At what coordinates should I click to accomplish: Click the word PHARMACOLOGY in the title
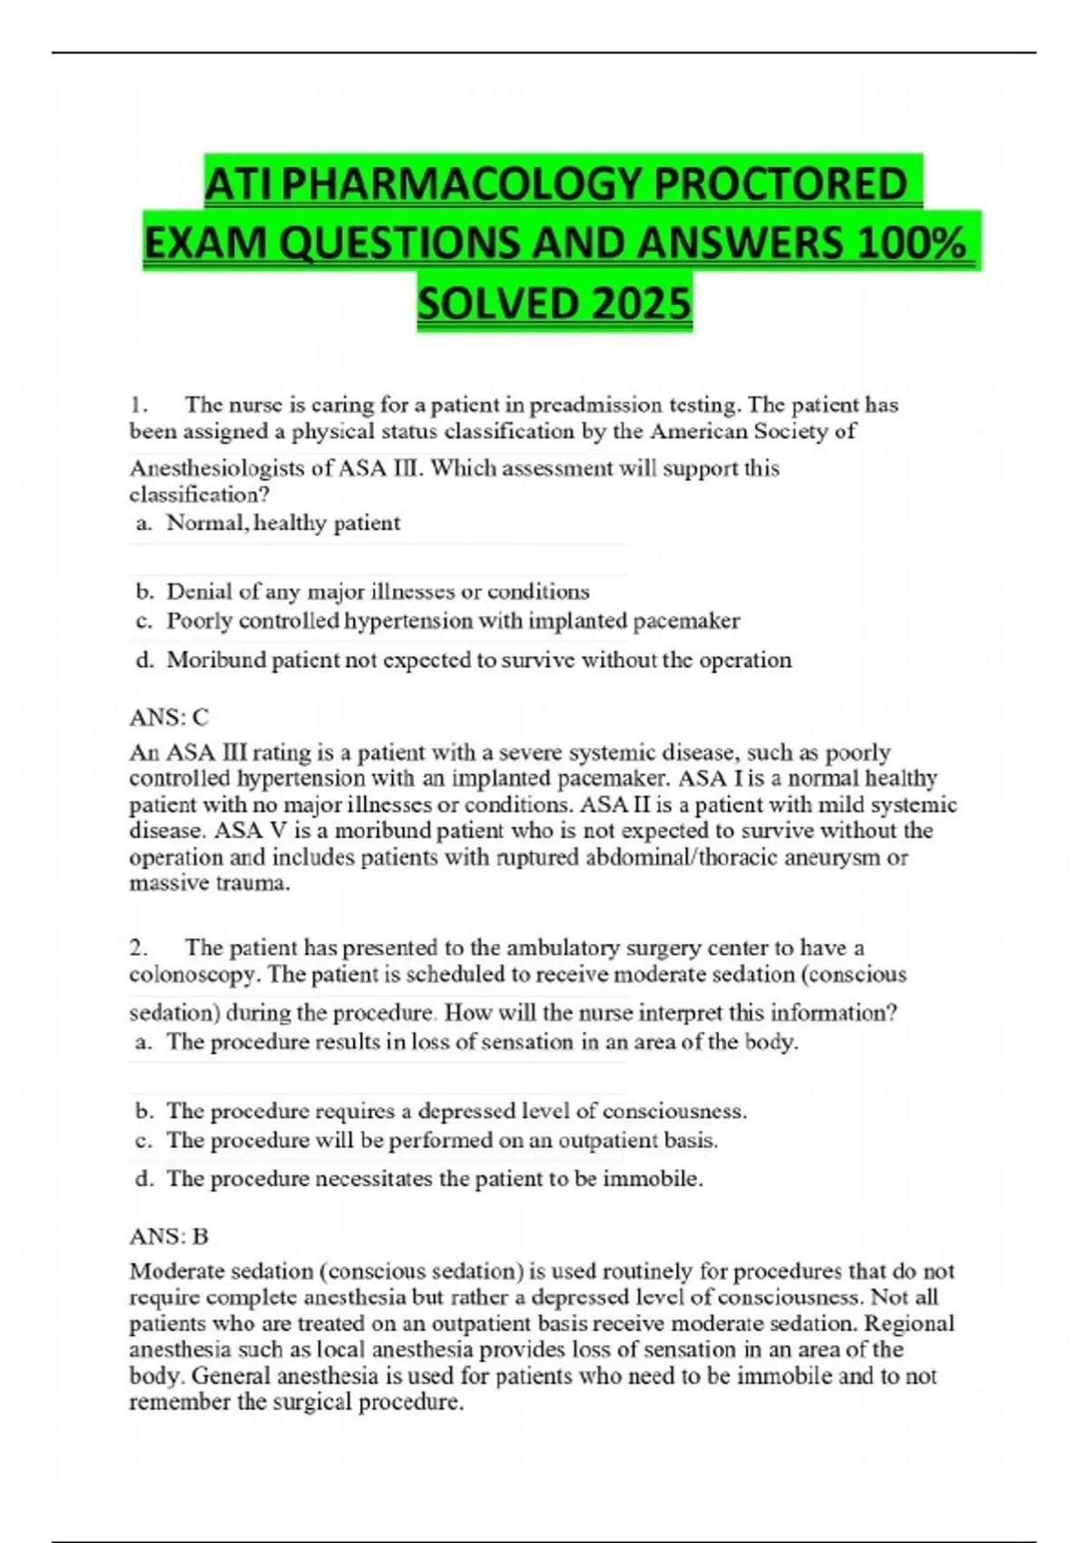click(x=465, y=184)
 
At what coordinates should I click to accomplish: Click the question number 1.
click(x=138, y=405)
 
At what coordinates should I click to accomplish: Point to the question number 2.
click(x=138, y=948)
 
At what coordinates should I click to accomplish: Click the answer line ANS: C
click(x=169, y=718)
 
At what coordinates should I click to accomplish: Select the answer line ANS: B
click(x=169, y=1236)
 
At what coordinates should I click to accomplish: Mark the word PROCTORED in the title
click(x=780, y=184)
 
